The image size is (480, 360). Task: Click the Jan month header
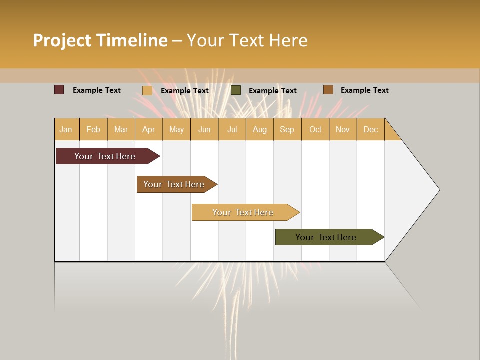[66, 129]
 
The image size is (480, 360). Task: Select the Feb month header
[93, 129]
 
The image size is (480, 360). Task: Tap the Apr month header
[149, 129]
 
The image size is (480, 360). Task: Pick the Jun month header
[204, 129]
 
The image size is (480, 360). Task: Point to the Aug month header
[260, 129]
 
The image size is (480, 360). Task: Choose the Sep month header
[287, 129]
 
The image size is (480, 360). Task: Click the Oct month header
[315, 129]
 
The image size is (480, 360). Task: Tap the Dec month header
[371, 129]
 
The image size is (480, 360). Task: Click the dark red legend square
[59, 90]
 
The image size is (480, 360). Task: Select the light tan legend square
[147, 90]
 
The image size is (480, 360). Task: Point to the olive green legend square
[236, 90]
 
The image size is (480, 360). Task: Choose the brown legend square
[328, 89]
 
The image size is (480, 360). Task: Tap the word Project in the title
[62, 40]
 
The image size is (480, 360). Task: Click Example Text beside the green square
[273, 90]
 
